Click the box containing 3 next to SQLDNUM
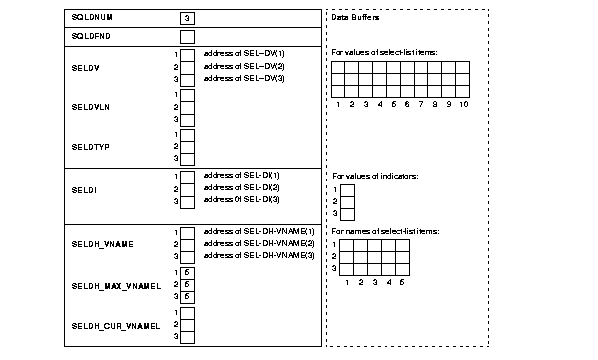click(187, 18)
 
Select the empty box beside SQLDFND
click(187, 37)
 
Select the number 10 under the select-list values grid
click(463, 103)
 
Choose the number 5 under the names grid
click(401, 283)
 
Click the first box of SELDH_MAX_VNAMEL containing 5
click(187, 272)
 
